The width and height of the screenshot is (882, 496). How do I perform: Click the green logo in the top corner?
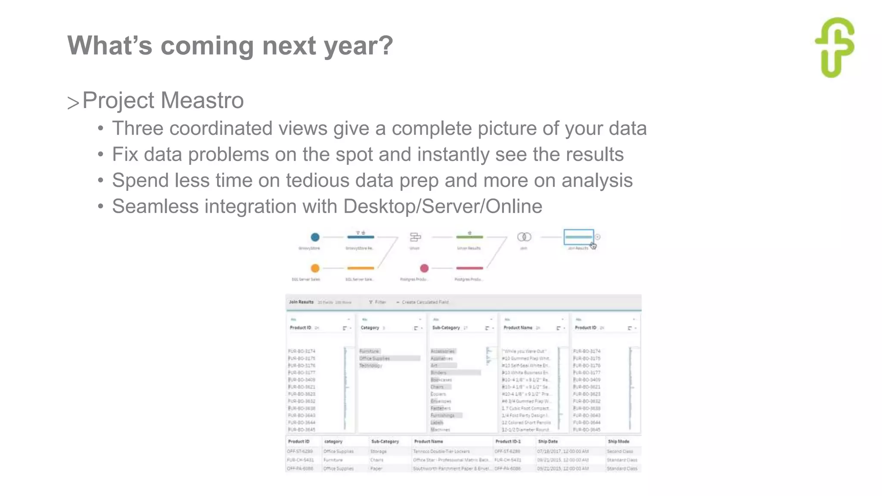point(835,47)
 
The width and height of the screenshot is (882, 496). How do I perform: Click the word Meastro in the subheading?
point(202,100)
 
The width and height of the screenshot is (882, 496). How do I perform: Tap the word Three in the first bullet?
point(137,128)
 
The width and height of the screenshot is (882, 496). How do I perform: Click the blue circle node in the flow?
point(315,237)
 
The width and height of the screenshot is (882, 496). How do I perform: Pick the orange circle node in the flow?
point(315,268)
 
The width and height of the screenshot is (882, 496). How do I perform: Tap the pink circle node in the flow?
point(424,268)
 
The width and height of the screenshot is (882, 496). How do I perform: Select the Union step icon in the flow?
point(415,237)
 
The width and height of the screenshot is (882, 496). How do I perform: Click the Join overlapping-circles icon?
point(524,237)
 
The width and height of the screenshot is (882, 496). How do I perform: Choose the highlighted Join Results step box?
point(579,237)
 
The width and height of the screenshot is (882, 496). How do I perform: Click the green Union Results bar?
point(469,237)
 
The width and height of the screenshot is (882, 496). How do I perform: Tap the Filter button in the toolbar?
point(378,302)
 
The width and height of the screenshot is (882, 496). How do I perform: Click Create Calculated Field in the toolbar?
point(425,302)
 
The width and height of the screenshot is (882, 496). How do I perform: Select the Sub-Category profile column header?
point(446,328)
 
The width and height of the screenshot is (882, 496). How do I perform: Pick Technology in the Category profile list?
point(371,366)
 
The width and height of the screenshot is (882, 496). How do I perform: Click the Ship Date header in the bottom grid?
point(548,441)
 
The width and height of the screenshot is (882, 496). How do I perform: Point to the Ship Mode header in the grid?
point(618,441)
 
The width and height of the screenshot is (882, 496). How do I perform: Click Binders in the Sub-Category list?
point(438,372)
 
